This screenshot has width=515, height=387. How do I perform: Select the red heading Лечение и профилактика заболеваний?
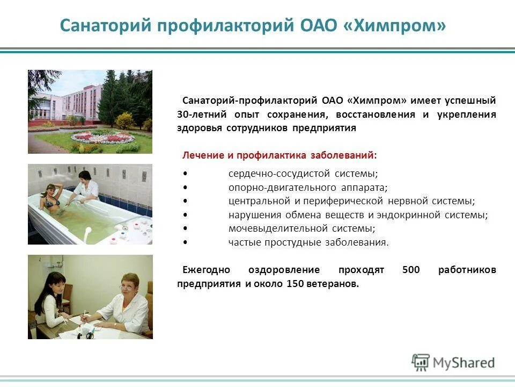click(279, 155)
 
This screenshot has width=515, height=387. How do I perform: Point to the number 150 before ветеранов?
click(296, 284)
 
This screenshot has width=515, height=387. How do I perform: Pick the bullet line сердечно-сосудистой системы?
click(303, 174)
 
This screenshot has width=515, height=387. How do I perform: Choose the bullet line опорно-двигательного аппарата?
click(307, 188)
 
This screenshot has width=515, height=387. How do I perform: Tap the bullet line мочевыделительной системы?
click(301, 228)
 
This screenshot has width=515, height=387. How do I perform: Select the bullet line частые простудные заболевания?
click(308, 242)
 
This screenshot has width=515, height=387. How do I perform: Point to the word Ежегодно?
click(206, 270)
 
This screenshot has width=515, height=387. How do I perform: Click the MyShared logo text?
click(464, 362)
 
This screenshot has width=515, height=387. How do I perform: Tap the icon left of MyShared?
click(421, 363)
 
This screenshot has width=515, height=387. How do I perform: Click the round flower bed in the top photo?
click(103, 138)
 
